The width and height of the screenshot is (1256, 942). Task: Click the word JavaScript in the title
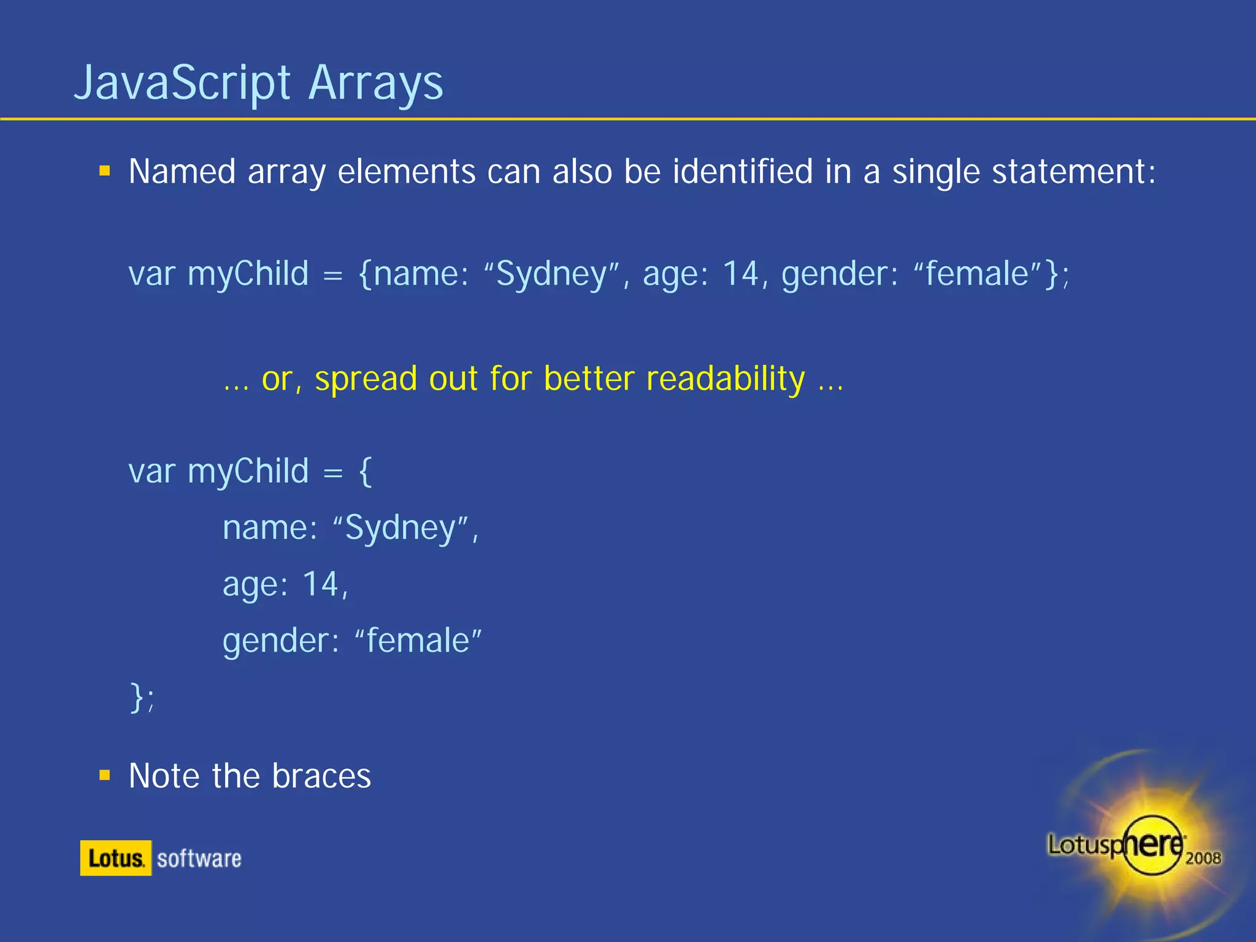coord(182,83)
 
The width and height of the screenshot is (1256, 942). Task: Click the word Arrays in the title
coord(376,83)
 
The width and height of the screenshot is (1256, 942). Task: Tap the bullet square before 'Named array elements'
coord(105,171)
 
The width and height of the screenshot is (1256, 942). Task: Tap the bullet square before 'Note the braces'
coord(105,776)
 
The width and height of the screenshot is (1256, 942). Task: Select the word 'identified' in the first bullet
coord(742,171)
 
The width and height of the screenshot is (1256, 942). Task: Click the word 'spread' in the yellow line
coord(366,379)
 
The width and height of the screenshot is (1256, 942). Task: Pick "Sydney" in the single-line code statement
coord(551,274)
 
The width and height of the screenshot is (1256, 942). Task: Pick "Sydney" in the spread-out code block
coord(400,528)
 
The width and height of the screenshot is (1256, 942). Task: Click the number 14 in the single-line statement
coord(740,274)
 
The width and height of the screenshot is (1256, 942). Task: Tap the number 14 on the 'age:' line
coord(321,584)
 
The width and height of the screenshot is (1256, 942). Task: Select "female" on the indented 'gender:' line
coord(418,641)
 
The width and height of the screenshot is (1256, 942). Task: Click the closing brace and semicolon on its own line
coord(142,698)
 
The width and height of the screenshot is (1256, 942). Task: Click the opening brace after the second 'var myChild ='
coord(366,471)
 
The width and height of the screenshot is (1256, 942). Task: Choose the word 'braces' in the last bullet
coord(321,776)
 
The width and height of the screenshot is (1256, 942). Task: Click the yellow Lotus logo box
coord(115,858)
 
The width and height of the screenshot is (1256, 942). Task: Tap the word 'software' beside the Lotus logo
coord(199,859)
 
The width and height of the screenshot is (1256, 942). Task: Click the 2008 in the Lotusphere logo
coord(1203,858)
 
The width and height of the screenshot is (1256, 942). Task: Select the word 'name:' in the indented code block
coord(270,528)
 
